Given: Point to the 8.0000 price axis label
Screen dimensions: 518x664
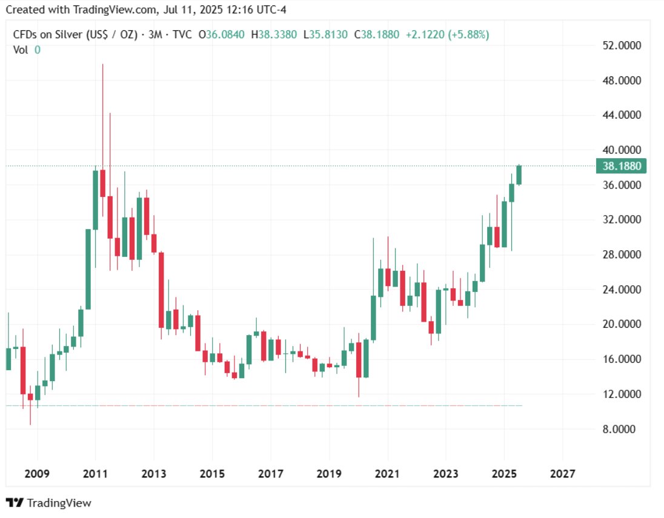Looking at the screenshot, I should pyautogui.click(x=622, y=430).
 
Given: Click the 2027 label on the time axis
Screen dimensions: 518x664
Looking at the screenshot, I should pyautogui.click(x=562, y=473).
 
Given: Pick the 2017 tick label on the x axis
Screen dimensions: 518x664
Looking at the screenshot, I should pyautogui.click(x=271, y=473).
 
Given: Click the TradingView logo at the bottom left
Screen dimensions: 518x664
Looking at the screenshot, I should pyautogui.click(x=48, y=503).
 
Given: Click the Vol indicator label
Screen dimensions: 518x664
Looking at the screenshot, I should pyautogui.click(x=21, y=50).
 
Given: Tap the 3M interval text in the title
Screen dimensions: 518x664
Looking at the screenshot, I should pyautogui.click(x=155, y=35).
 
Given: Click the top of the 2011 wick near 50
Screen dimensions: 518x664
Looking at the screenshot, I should pyautogui.click(x=102, y=65).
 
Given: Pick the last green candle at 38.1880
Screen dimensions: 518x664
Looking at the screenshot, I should pyautogui.click(x=519, y=175).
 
